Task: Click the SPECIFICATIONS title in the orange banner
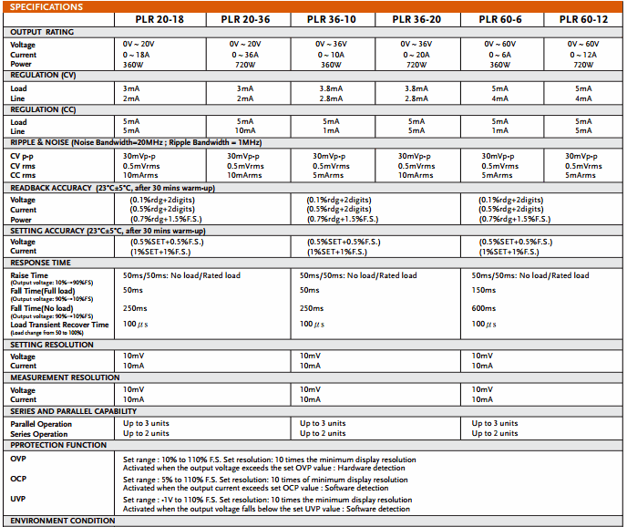coord(47,7)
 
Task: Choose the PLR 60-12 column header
coord(581,19)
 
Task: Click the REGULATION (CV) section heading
coord(43,76)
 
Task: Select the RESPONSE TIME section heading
coord(40,262)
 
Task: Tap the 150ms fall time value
coord(483,290)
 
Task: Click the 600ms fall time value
coord(484,308)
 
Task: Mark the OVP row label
coord(19,459)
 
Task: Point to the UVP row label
coord(19,500)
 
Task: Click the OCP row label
coord(19,479)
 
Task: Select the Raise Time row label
coord(29,274)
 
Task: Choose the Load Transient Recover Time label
coord(59,325)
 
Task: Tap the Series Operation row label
coord(39,434)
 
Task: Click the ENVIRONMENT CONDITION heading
coord(63,521)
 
